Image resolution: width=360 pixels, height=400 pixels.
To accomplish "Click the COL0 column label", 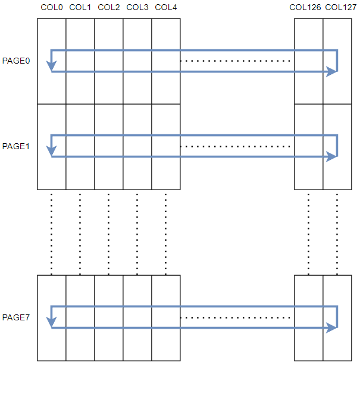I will pyautogui.click(x=51, y=8).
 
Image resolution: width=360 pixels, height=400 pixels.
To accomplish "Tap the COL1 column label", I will pyautogui.click(x=80, y=8).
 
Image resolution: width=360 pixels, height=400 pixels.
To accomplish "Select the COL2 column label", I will pyautogui.click(x=108, y=8).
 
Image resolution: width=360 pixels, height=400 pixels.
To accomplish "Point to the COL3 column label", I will pyautogui.click(x=137, y=8).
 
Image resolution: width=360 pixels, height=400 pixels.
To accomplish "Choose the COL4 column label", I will pyautogui.click(x=165, y=8).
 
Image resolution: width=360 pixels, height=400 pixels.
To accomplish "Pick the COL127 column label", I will pyautogui.click(x=341, y=8).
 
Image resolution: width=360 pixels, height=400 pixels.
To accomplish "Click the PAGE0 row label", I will pyautogui.click(x=16, y=61).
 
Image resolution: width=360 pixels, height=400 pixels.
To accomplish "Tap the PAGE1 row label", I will pyautogui.click(x=16, y=146).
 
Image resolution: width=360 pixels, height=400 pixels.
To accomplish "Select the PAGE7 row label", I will pyautogui.click(x=16, y=317).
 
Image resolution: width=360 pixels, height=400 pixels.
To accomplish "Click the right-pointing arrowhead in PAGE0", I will pyautogui.click(x=332, y=72).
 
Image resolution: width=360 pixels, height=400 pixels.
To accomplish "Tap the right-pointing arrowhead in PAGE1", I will pyautogui.click(x=332, y=157).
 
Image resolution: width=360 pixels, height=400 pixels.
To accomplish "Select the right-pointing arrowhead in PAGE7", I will pyautogui.click(x=332, y=327).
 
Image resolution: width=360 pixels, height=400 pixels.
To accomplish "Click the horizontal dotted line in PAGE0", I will pyautogui.click(x=236, y=61).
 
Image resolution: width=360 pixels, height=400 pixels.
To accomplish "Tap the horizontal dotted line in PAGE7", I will pyautogui.click(x=236, y=317).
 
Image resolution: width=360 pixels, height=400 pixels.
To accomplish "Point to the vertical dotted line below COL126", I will pyautogui.click(x=308, y=232).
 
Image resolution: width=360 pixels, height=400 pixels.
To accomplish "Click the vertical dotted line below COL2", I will pyautogui.click(x=108, y=232).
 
